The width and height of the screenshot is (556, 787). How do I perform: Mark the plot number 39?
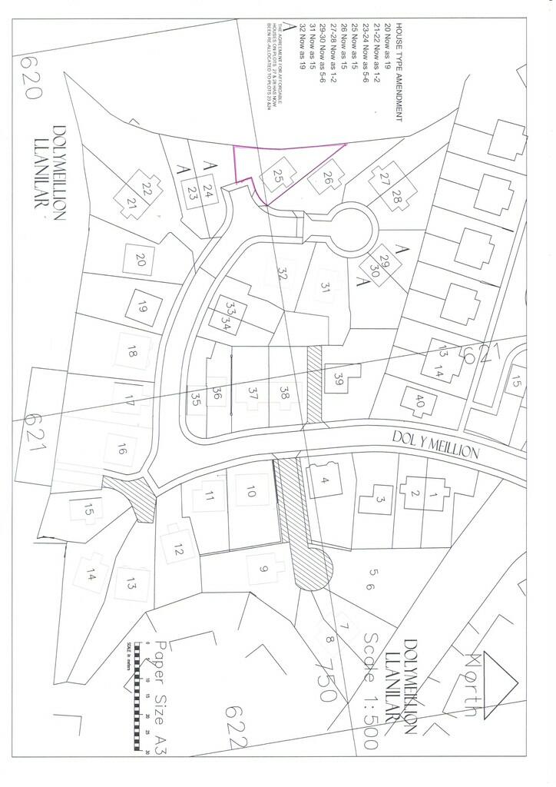coord(339,378)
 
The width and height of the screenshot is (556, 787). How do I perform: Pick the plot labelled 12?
coord(178,550)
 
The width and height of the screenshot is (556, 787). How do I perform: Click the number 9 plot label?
coord(263,569)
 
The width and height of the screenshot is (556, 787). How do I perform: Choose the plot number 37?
coord(251,392)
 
